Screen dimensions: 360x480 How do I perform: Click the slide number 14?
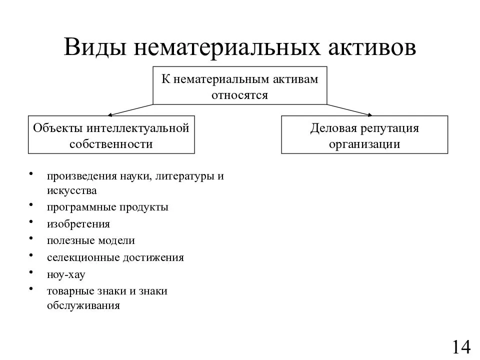(x=461, y=346)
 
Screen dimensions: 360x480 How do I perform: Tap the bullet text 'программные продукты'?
(x=108, y=207)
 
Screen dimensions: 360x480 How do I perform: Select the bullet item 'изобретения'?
(x=78, y=223)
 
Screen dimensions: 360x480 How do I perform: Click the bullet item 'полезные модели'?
(x=91, y=240)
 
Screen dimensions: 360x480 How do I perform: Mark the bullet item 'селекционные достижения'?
(x=115, y=257)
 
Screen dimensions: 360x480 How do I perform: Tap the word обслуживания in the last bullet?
(x=83, y=305)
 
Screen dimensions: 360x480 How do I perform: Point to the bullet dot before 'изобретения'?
(x=32, y=221)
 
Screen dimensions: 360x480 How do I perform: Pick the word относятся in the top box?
(x=239, y=94)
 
